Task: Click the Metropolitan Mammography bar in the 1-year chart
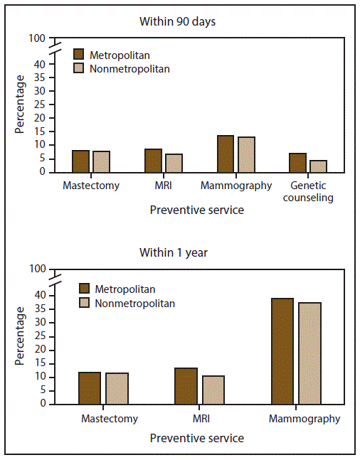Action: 282,351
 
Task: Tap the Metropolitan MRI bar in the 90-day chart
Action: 154,160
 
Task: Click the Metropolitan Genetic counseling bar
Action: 297,162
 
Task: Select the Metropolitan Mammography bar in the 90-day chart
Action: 226,154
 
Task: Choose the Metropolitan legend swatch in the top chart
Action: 79,55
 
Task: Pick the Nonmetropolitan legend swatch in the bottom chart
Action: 84,304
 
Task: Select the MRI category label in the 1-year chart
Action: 202,419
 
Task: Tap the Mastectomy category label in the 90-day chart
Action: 91,186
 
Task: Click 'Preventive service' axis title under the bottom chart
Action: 197,438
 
